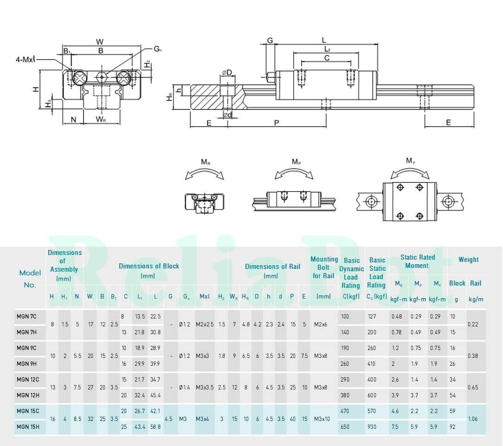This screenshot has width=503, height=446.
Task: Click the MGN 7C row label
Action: pyautogui.click(x=26, y=317)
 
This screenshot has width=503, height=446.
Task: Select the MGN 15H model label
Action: pyautogui.click(x=28, y=427)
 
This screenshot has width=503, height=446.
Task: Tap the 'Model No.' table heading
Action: pyautogui.click(x=30, y=279)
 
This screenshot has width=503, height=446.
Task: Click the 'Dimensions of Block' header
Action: pyautogui.click(x=149, y=271)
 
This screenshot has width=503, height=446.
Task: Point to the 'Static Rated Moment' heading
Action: pyautogui.click(x=417, y=261)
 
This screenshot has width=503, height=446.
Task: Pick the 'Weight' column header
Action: pyautogui.click(x=468, y=260)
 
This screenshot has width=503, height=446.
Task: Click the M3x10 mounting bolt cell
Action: pyautogui.click(x=322, y=419)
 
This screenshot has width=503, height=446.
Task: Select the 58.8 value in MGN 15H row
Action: pyautogui.click(x=155, y=427)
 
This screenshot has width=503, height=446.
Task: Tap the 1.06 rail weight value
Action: pyautogui.click(x=473, y=419)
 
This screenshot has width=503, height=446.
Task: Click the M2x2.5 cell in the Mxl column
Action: pyautogui.click(x=205, y=324)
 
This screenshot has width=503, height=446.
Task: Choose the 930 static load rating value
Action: pyautogui.click(x=372, y=427)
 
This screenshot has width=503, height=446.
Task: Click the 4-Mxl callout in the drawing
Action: pyautogui.click(x=26, y=59)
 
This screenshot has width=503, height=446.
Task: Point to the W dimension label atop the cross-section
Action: pyautogui.click(x=100, y=42)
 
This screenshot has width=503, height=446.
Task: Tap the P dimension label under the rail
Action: pyautogui.click(x=277, y=123)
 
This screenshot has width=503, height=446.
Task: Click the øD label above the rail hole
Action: pyautogui.click(x=227, y=73)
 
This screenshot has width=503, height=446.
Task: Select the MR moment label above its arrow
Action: pyautogui.click(x=206, y=162)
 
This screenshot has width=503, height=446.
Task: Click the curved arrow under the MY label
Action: pyautogui.click(x=410, y=171)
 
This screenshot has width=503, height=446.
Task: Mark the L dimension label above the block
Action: pyautogui.click(x=324, y=40)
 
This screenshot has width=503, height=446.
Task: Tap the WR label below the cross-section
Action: pyautogui.click(x=101, y=120)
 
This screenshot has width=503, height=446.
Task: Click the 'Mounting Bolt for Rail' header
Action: pyautogui.click(x=324, y=268)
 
